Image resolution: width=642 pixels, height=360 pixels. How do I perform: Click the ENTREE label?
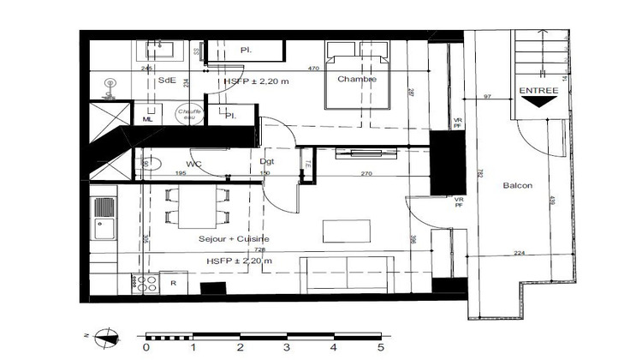coord(538,90)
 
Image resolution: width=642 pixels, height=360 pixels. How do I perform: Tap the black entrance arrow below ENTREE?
coord(538,102)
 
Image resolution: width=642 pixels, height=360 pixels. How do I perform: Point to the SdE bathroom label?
coord(167,81)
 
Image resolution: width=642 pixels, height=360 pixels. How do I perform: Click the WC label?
coord(193,163)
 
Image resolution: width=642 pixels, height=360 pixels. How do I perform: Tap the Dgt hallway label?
coord(265,160)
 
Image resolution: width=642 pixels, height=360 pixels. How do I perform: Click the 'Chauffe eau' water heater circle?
coord(189,115)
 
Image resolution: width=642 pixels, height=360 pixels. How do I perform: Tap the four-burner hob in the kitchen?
coord(146,284)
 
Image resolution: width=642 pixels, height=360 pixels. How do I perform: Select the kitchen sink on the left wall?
coord(104,217)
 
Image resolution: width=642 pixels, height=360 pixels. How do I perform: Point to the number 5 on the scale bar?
coord(380,349)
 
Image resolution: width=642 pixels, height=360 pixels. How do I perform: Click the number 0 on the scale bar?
coord(146,349)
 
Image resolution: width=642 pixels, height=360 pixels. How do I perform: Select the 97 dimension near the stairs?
coord(488,96)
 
